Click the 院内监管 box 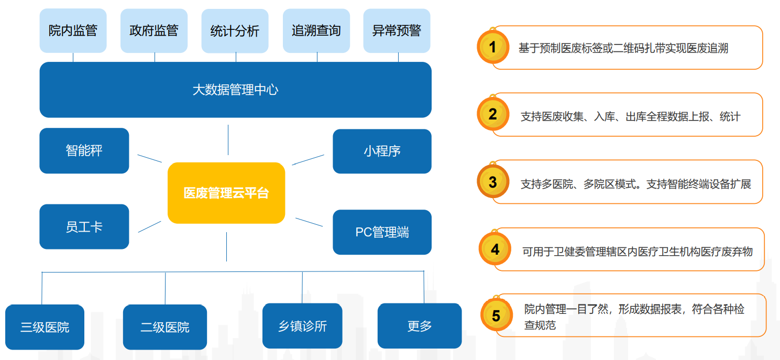[x=73, y=31]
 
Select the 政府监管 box [x=154, y=31]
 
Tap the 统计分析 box [x=235, y=31]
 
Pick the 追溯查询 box [x=316, y=31]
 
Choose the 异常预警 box [x=397, y=31]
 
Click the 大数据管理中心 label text [x=235, y=90]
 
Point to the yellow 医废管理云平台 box [x=226, y=193]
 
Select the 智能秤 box [x=84, y=150]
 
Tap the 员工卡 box [x=84, y=226]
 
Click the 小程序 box [x=382, y=151]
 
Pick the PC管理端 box [x=382, y=232]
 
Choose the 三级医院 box [x=45, y=327]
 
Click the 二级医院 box [x=165, y=327]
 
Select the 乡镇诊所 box [x=302, y=326]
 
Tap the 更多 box [x=420, y=326]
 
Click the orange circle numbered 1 [x=493, y=47]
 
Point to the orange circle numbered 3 [x=493, y=181]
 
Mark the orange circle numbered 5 [x=496, y=315]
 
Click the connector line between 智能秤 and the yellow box [x=150, y=159]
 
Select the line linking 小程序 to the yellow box [x=308, y=160]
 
